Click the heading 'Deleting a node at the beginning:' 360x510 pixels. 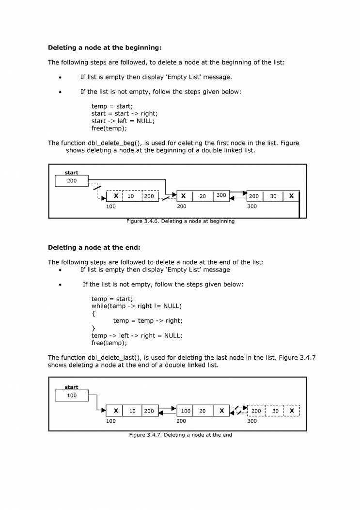tap(105, 48)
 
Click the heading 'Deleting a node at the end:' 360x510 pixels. tap(94, 247)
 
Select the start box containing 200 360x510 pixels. tap(72, 181)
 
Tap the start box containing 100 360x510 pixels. tap(72, 396)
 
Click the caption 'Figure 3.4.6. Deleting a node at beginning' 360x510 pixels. tap(180, 221)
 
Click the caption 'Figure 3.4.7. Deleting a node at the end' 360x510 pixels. tap(180, 435)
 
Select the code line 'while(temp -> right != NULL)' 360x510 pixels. tap(136, 306)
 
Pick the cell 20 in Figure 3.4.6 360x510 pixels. tap(203, 196)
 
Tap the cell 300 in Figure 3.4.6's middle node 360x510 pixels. tap(221, 195)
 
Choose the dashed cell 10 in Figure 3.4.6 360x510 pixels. tap(131, 196)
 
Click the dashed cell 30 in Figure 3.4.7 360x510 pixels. tap(274, 411)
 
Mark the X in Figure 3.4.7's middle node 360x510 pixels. tap(221, 411)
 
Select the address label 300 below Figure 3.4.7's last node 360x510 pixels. tap(252, 421)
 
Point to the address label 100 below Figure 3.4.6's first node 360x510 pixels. tap(111, 207)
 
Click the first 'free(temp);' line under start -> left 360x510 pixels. tap(109, 128)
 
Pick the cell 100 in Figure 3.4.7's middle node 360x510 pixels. tap(186, 411)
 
